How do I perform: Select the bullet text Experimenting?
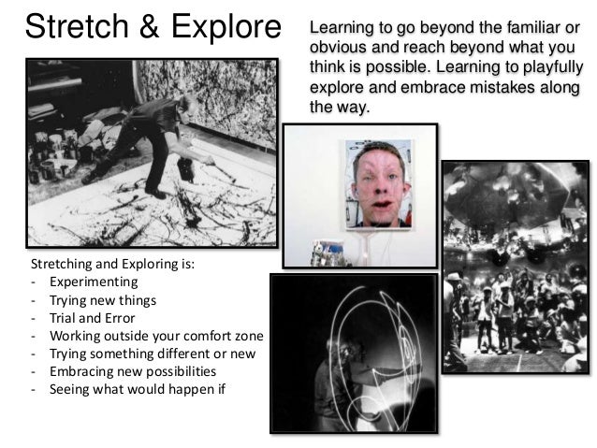pos(94,282)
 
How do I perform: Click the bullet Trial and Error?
pos(93,317)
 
